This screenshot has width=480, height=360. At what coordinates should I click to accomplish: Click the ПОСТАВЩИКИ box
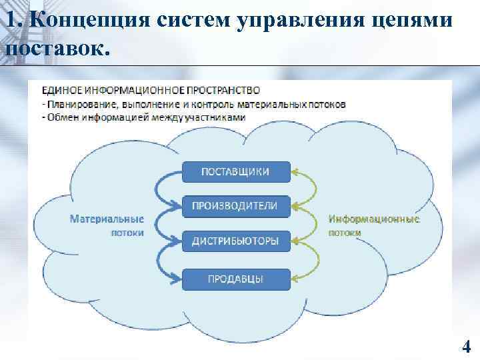click(235, 171)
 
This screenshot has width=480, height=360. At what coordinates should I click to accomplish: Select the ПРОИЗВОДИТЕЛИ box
click(235, 206)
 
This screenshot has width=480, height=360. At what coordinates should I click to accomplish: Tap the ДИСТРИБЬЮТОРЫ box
click(235, 241)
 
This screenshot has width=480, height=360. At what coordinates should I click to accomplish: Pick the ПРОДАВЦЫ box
click(235, 279)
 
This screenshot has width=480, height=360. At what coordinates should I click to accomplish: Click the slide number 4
click(466, 346)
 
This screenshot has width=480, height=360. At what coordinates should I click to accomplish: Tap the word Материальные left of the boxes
click(107, 219)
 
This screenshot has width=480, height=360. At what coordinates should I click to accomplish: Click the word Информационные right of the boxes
click(374, 219)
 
